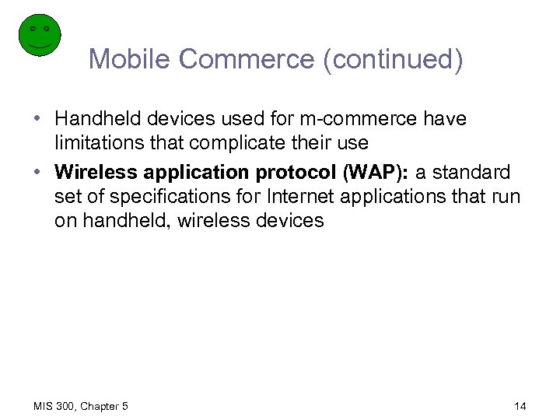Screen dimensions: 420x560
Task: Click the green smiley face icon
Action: pyautogui.click(x=39, y=36)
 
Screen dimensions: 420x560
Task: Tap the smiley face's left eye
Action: pyautogui.click(x=33, y=28)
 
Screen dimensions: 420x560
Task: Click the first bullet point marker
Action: pyautogui.click(x=37, y=120)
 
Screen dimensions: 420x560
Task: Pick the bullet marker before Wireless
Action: pyautogui.click(x=37, y=172)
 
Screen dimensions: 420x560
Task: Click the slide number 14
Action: pyautogui.click(x=520, y=406)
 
